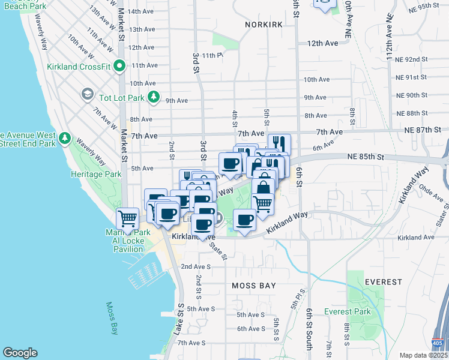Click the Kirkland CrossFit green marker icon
pyautogui.click(x=119, y=66)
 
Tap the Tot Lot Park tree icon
pyautogui.click(x=154, y=97)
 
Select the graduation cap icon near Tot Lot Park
pyautogui.click(x=87, y=95)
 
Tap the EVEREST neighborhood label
pyautogui.click(x=383, y=281)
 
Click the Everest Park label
pyautogui.click(x=348, y=311)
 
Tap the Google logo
pyautogui.click(x=20, y=353)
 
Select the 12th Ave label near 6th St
pyautogui.click(x=323, y=43)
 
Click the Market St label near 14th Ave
pyautogui.click(x=121, y=13)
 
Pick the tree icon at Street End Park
pyautogui.click(x=64, y=140)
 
